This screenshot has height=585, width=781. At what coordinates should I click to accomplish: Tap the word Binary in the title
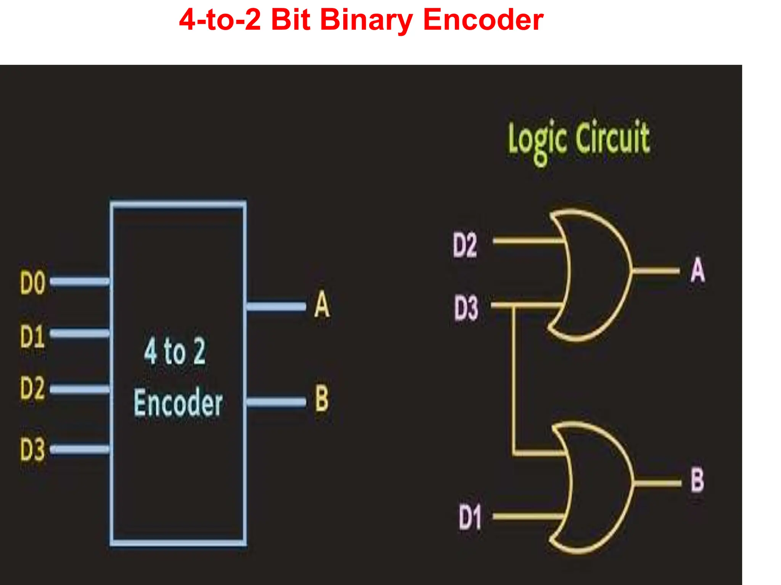pos(366,21)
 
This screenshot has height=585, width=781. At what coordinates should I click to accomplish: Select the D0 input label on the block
pos(33,283)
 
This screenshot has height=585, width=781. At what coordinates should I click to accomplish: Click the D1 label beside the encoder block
pos(32,336)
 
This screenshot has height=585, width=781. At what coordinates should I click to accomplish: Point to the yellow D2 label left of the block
pos(33,388)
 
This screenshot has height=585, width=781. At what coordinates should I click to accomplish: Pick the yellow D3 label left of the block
pos(33,449)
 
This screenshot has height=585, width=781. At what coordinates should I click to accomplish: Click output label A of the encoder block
pos(322,305)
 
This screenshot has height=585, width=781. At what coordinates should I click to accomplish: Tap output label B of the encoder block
pos(321,398)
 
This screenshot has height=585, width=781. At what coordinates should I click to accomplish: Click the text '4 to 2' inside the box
pos(175,351)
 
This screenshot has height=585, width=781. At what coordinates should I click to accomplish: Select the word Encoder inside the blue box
pos(178,403)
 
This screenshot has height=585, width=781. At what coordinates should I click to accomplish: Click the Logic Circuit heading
pos(579,139)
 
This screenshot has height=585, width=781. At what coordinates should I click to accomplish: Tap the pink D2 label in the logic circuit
pos(464,245)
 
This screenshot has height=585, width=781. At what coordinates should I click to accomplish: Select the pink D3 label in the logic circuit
pos(466,308)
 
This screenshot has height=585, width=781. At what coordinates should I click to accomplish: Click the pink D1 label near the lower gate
pos(469,517)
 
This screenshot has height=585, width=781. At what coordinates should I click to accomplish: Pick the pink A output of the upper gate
pos(697,270)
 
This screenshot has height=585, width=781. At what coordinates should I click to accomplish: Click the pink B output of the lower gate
pos(697,481)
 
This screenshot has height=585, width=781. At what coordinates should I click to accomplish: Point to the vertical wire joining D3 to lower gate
pos(514,381)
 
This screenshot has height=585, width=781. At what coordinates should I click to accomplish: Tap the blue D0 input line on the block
pos(80,281)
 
